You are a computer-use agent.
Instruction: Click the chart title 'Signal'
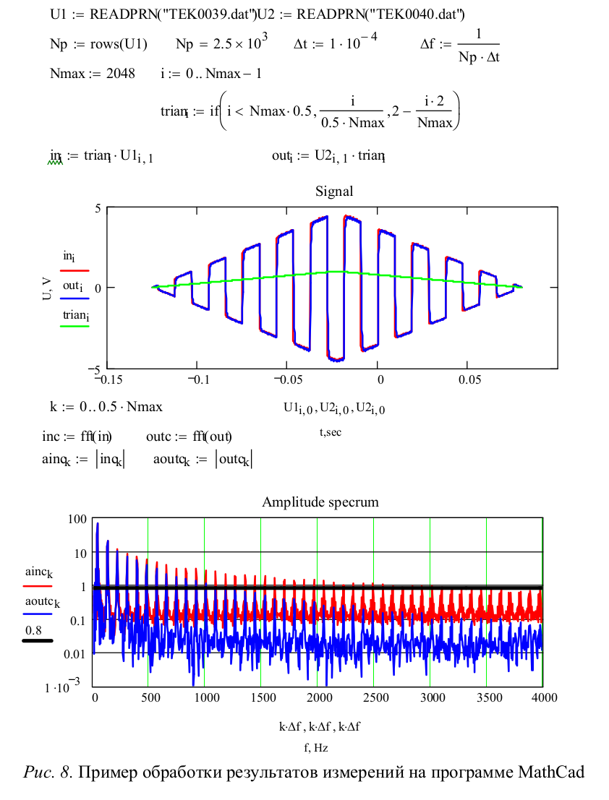tap(334, 192)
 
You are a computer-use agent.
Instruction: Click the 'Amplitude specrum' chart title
tap(320, 502)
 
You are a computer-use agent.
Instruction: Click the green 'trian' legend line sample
tap(74, 327)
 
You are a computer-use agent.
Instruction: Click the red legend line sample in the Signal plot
tap(74, 269)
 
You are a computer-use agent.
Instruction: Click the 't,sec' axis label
tap(331, 432)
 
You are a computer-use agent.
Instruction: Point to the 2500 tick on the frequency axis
tap(373, 697)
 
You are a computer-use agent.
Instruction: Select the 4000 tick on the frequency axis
tap(542, 697)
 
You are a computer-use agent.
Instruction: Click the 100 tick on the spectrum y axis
tap(77, 519)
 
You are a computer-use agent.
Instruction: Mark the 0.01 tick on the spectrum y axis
tap(74, 653)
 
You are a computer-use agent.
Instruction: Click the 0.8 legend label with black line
tap(34, 630)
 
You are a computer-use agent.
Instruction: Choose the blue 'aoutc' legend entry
tap(43, 603)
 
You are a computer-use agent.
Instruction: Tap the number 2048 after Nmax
tap(121, 74)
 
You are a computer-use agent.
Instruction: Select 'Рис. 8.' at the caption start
tap(48, 773)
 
